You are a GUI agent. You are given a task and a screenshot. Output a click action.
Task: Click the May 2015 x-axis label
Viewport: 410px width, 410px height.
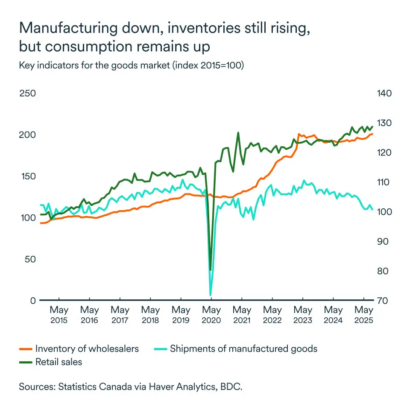59,315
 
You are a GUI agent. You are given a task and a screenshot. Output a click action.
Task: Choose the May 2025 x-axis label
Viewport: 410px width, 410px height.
364,315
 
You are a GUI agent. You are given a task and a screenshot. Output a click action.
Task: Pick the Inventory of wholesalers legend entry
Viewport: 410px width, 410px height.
87,348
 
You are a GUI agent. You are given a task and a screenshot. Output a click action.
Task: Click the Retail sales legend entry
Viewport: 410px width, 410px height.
59,362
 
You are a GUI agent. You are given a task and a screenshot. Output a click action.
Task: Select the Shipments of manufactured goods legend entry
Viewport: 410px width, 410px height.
243,348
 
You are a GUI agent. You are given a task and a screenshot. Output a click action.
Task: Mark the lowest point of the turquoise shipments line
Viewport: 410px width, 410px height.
211,295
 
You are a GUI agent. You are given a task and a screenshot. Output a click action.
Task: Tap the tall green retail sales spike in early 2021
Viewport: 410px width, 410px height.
238,133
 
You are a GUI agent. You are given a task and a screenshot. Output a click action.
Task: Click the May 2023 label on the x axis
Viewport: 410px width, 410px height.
303,315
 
